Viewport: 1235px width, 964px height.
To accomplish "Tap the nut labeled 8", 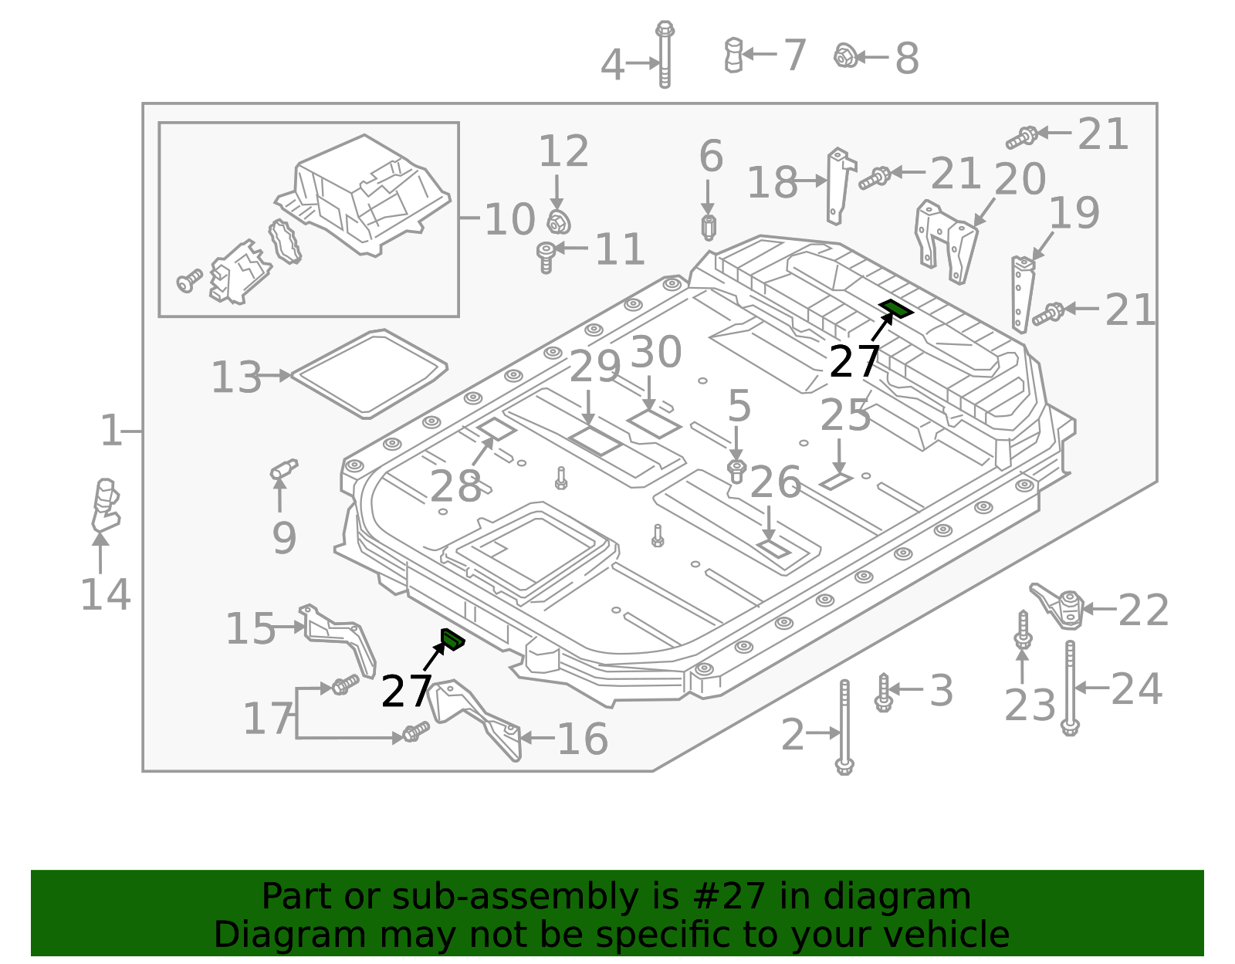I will click(x=845, y=56).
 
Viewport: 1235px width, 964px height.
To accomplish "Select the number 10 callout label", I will click(x=509, y=219).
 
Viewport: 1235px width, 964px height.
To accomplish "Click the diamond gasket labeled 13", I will click(x=369, y=374).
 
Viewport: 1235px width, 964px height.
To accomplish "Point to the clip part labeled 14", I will click(x=104, y=505).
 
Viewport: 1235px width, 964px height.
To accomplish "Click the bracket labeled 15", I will click(x=340, y=637).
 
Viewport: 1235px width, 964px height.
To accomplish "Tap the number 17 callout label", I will click(x=268, y=719).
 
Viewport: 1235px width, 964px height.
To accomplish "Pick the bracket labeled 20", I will click(x=946, y=240).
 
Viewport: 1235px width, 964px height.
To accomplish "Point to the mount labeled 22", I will click(x=1059, y=606).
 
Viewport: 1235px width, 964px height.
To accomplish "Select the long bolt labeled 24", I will click(x=1070, y=688).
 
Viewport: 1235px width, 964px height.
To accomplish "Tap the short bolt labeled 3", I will click(x=884, y=692).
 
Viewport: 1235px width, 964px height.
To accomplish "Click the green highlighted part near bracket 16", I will click(x=452, y=639).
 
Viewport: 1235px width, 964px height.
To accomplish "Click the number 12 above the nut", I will click(x=563, y=151).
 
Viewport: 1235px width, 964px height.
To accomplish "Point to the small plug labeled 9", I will click(x=283, y=469).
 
